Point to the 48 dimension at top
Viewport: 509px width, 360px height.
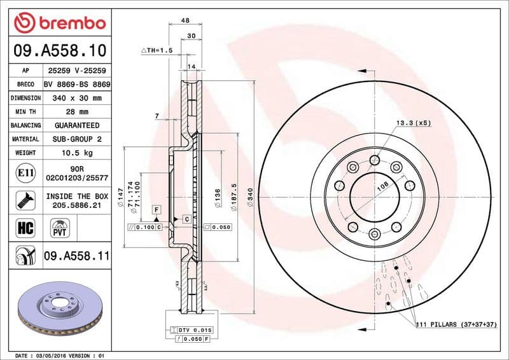[x=185, y=20]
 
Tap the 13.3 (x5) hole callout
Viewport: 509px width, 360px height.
[x=414, y=121]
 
